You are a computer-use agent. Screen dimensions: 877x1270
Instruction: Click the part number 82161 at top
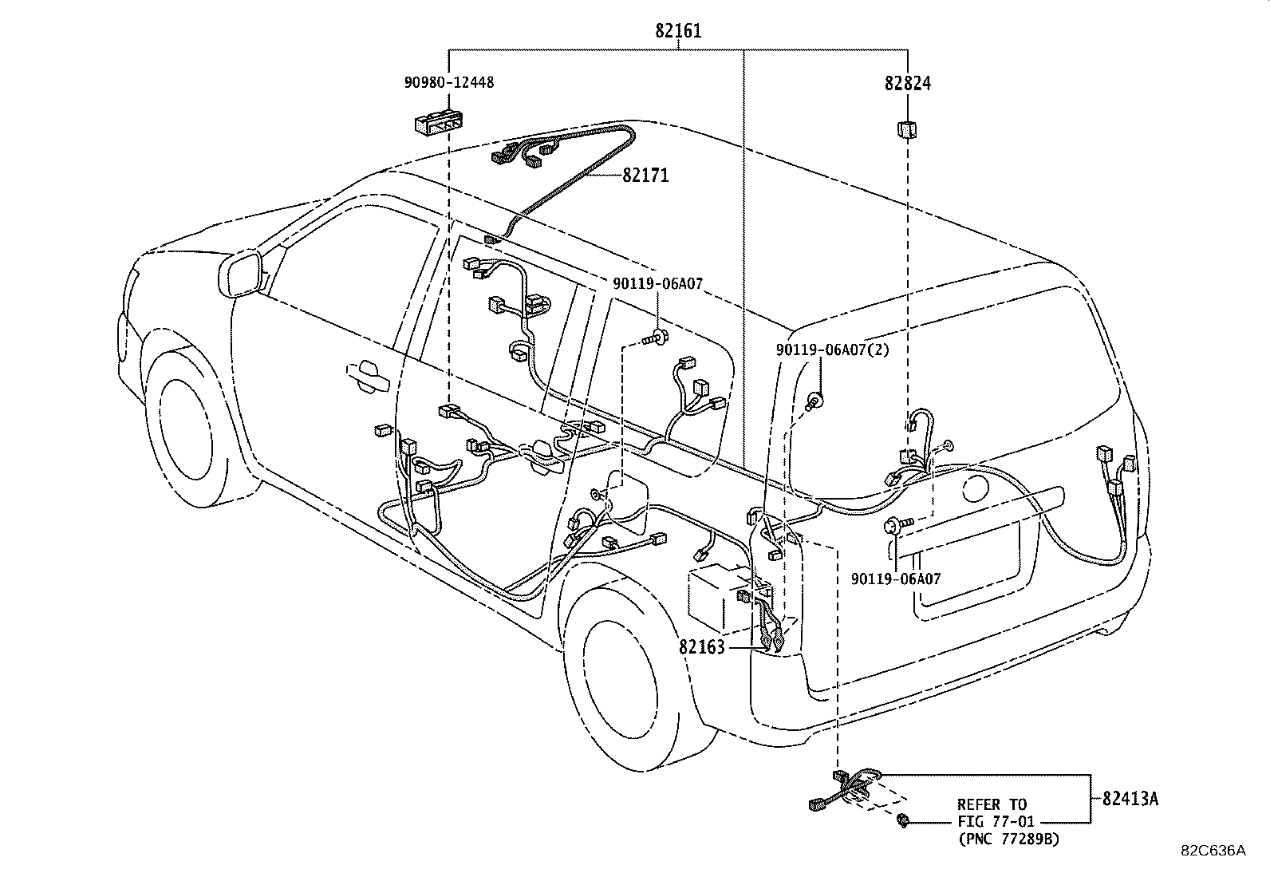click(x=678, y=31)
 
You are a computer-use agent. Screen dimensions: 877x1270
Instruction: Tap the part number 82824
click(x=907, y=83)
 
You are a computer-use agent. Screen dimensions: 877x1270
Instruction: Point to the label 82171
click(x=645, y=175)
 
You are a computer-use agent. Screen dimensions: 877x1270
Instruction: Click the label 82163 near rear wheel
click(x=702, y=646)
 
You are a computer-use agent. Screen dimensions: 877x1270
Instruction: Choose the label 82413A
click(x=1130, y=798)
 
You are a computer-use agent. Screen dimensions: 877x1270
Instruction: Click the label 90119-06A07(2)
click(x=832, y=350)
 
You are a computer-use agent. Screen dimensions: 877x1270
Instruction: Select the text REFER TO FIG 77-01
click(x=992, y=812)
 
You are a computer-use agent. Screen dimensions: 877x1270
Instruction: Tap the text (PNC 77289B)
click(x=1008, y=838)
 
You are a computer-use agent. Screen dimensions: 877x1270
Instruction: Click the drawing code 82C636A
click(x=1213, y=851)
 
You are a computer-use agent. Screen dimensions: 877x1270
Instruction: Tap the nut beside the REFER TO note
click(x=904, y=820)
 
